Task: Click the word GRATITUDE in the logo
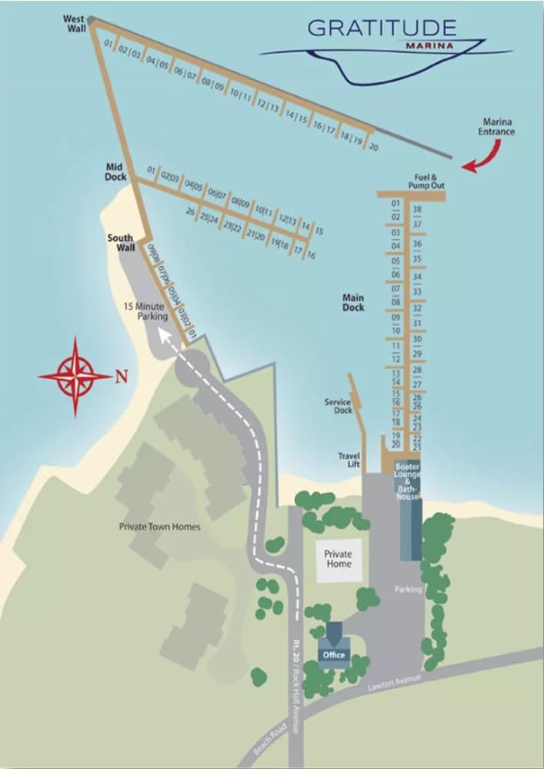(x=382, y=28)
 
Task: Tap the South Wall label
(x=121, y=242)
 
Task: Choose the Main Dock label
(x=353, y=302)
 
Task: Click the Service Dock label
(x=337, y=406)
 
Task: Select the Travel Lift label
(x=349, y=460)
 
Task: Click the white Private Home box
(x=338, y=559)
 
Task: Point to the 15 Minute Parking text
(x=145, y=311)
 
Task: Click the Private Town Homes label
(x=159, y=527)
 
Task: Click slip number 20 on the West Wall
(x=374, y=147)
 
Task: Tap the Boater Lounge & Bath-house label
(x=407, y=481)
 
